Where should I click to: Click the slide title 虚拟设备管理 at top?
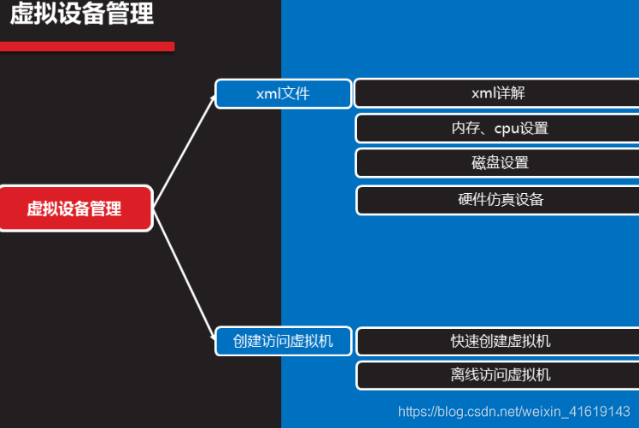point(82,15)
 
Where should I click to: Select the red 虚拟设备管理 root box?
point(75,208)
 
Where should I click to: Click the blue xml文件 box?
point(283,94)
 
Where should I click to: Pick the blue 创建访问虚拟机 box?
point(283,342)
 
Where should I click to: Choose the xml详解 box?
point(497,93)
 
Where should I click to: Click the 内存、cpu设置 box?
point(497,128)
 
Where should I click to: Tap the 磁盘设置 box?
point(497,163)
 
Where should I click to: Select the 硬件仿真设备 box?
point(497,200)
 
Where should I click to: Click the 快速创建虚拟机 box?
point(497,342)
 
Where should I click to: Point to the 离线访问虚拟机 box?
point(497,375)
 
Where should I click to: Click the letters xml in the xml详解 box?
point(483,93)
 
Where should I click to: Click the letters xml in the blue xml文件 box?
point(268,94)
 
